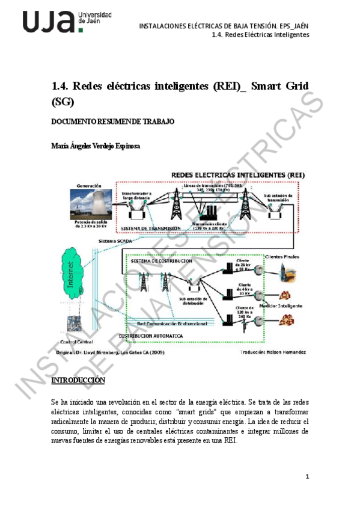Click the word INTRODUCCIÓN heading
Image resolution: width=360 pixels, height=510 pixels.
pyautogui.click(x=78, y=381)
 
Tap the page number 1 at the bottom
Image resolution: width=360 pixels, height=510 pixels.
pyautogui.click(x=307, y=477)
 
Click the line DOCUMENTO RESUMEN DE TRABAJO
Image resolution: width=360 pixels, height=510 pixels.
pyautogui.click(x=113, y=121)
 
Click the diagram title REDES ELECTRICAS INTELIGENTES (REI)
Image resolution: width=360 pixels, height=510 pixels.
pyautogui.click(x=238, y=174)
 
